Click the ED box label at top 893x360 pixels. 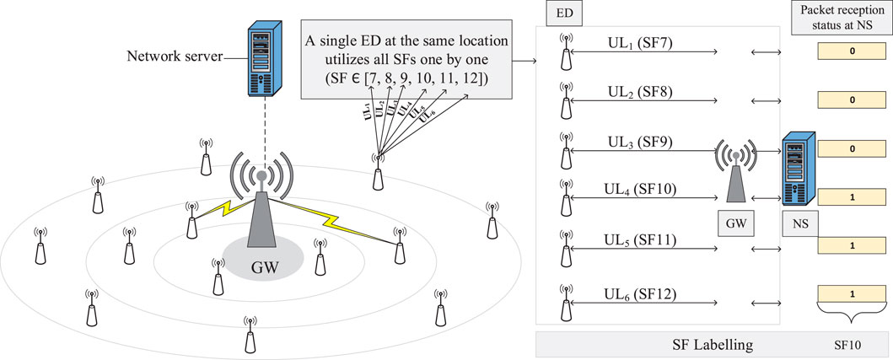coord(559,14)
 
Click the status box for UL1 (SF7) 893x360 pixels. coord(853,51)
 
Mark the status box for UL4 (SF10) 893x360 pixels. coord(853,196)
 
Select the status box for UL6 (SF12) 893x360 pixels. coord(853,295)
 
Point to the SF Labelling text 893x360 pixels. coord(713,346)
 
